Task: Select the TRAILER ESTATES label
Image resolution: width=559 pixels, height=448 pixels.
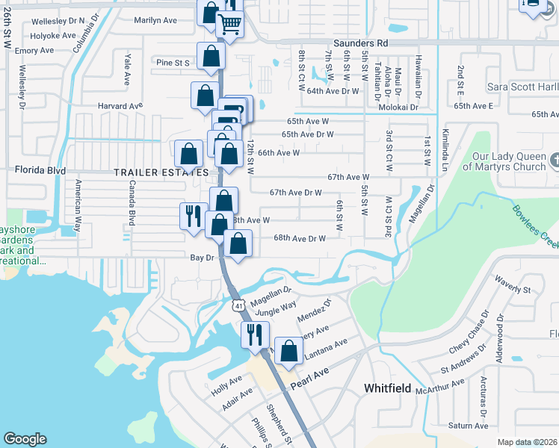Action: point(160,172)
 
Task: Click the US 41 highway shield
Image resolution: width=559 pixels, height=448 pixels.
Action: point(238,305)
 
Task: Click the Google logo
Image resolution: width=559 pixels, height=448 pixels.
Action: point(25,439)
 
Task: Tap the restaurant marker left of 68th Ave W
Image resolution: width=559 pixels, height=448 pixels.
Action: point(193,216)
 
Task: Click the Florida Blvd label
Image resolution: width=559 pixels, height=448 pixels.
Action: point(36,170)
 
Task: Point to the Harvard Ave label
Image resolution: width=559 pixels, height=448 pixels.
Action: point(124,106)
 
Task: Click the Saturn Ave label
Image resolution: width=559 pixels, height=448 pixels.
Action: point(469,426)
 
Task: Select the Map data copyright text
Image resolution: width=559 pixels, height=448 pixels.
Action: point(527,442)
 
